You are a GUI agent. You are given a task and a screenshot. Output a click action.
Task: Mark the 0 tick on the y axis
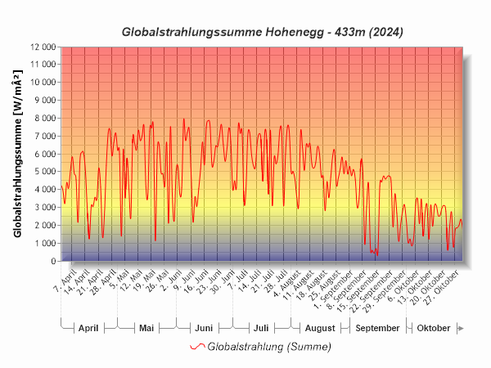52,262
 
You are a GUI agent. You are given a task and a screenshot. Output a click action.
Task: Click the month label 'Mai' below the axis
146,328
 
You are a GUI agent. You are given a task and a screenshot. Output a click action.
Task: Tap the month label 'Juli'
261,328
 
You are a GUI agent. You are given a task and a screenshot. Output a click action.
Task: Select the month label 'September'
377,328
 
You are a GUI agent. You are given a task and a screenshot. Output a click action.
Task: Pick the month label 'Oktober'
433,328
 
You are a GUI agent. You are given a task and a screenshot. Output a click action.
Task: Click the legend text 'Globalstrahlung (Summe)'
269,347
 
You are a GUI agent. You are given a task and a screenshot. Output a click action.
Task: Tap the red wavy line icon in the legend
196,347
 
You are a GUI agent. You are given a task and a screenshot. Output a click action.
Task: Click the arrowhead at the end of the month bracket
461,328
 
